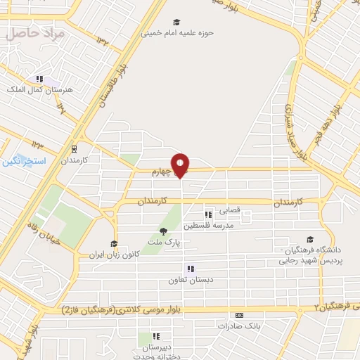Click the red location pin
click(181, 165)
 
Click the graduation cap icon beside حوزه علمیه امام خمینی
click(176, 22)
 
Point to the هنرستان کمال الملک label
click(35, 90)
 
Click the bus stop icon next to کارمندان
click(74, 149)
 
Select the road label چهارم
click(162, 171)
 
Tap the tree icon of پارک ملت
click(163, 231)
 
